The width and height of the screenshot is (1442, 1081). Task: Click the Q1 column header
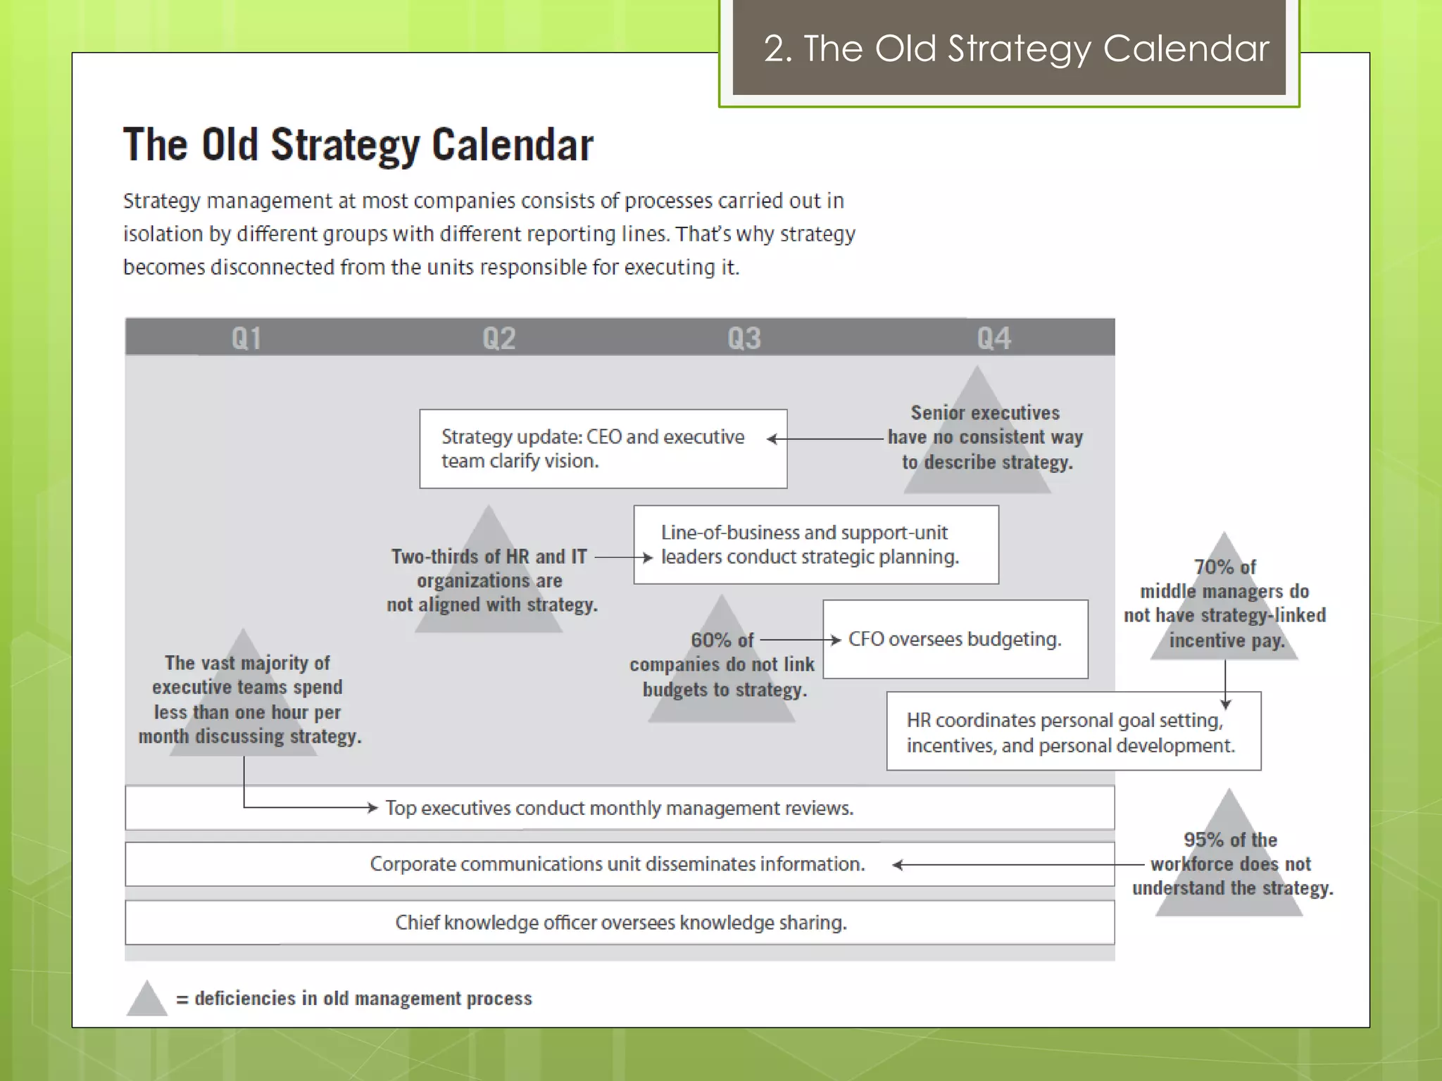point(246,339)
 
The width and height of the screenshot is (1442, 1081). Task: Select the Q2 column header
point(499,339)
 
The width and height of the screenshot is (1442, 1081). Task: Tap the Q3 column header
point(744,339)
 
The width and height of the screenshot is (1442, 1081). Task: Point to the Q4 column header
point(993,339)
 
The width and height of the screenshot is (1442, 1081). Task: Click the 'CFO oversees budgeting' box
point(955,639)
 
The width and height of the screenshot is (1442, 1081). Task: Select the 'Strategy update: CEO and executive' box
point(603,449)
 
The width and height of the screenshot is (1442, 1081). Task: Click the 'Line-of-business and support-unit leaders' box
point(815,545)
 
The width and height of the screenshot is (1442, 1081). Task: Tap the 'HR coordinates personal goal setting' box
point(1073,732)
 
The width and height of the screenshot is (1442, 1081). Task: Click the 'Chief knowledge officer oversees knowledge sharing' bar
point(620,923)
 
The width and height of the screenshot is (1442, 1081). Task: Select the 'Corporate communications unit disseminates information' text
point(617,864)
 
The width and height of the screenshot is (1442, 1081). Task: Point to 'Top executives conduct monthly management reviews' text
point(619,808)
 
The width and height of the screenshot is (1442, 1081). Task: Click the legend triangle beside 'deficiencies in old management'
point(146,999)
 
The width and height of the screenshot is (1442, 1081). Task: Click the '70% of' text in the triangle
point(1224,567)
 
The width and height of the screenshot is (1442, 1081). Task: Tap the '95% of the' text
point(1230,840)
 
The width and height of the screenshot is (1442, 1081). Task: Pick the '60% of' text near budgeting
point(722,640)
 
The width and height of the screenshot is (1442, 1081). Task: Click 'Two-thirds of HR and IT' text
point(489,557)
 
